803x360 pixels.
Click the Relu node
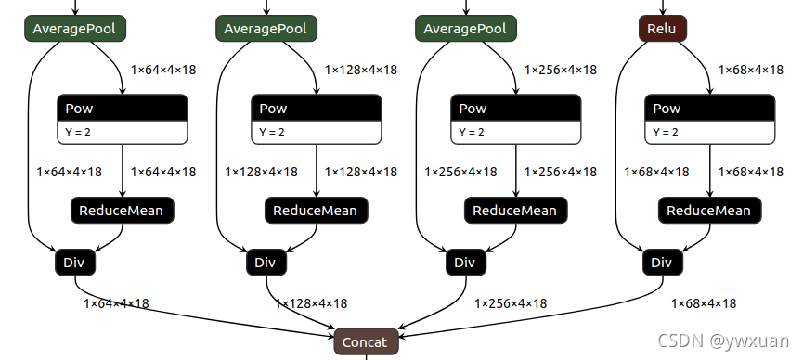[662, 29]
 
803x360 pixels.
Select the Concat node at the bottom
[366, 341]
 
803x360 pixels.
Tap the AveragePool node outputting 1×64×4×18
[74, 29]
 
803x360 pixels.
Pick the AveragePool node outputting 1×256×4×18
[465, 29]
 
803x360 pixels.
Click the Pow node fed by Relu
[709, 109]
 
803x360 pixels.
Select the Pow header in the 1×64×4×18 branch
[123, 109]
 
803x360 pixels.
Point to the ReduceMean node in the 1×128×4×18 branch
[316, 211]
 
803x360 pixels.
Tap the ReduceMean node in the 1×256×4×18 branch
[514, 211]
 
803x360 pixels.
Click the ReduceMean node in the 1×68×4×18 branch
[709, 211]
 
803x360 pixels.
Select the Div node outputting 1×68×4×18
[661, 263]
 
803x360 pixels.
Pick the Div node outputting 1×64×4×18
[74, 263]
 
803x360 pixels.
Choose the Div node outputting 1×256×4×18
[464, 263]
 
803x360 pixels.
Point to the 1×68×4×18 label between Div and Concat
[704, 303]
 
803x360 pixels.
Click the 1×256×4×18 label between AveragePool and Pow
[561, 70]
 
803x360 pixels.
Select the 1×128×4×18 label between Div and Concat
[311, 303]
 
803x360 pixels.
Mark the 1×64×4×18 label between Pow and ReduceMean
[163, 172]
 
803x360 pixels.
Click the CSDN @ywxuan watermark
[724, 341]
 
